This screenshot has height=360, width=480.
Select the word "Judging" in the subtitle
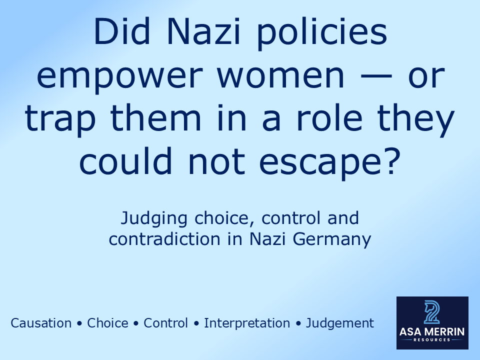pos(152,219)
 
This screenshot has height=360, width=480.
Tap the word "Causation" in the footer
pos(41,323)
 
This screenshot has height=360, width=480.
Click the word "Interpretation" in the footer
pos(247,323)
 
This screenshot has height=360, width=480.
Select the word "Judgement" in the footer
pos(340,323)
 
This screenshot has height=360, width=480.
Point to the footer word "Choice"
pos(107,323)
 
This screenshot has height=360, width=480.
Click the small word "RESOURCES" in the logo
pos(432,340)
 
